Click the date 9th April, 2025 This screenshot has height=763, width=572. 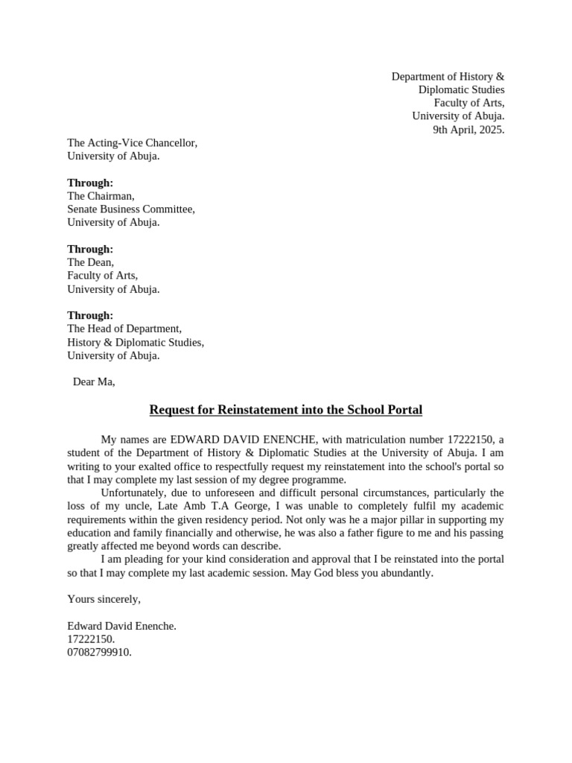tap(468, 130)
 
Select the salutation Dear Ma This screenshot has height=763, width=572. tap(94, 382)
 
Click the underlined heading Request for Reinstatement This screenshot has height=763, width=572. tap(285, 410)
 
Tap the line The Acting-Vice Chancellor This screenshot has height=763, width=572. tap(132, 143)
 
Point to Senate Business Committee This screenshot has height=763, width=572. tap(131, 209)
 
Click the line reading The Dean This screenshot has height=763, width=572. tap(90, 262)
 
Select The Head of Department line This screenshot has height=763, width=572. tap(124, 329)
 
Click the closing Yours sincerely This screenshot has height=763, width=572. tap(104, 599)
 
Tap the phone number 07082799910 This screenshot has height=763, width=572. tap(99, 653)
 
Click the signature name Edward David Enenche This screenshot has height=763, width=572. tap(121, 626)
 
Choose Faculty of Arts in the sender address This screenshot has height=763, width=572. tap(469, 103)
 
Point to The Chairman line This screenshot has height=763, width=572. tap(101, 196)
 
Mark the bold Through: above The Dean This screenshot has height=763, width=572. tap(90, 249)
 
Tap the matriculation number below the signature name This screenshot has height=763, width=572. tap(91, 639)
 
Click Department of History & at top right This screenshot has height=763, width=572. tap(448, 77)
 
